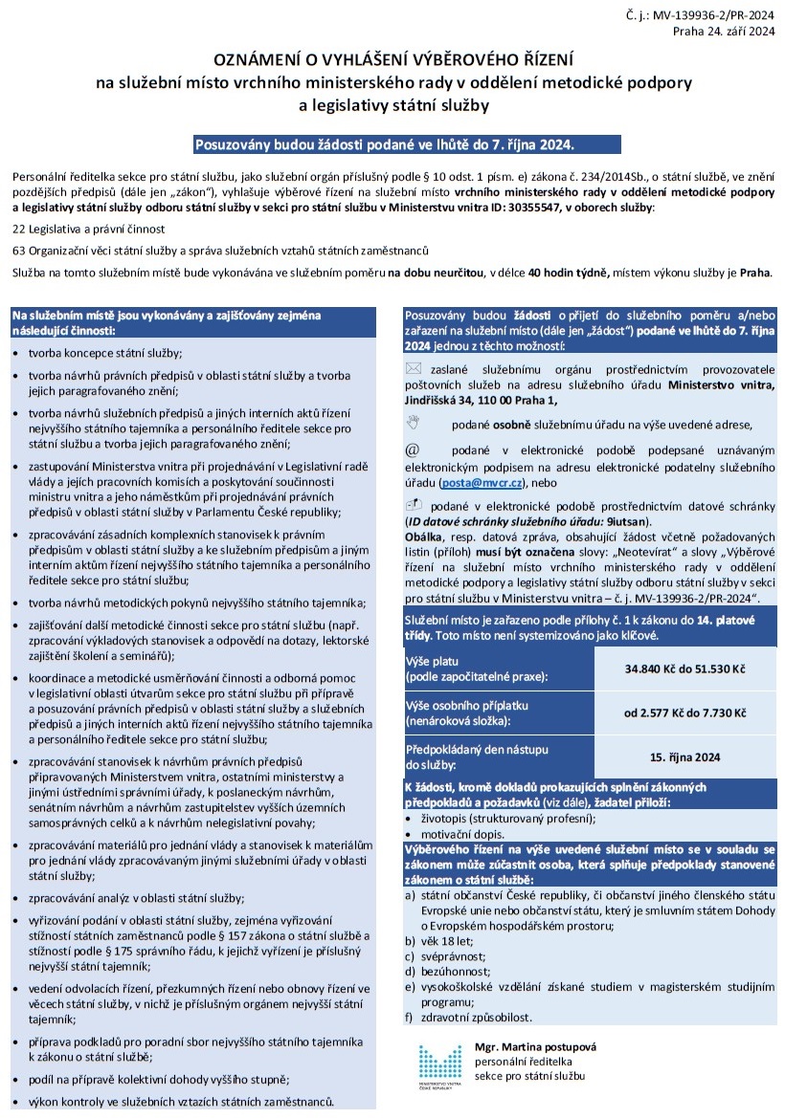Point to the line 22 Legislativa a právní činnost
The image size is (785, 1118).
point(89,230)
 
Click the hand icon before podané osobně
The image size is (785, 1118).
point(413,422)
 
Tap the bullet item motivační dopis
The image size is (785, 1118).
point(458,834)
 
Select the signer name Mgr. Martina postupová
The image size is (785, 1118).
point(535,1047)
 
